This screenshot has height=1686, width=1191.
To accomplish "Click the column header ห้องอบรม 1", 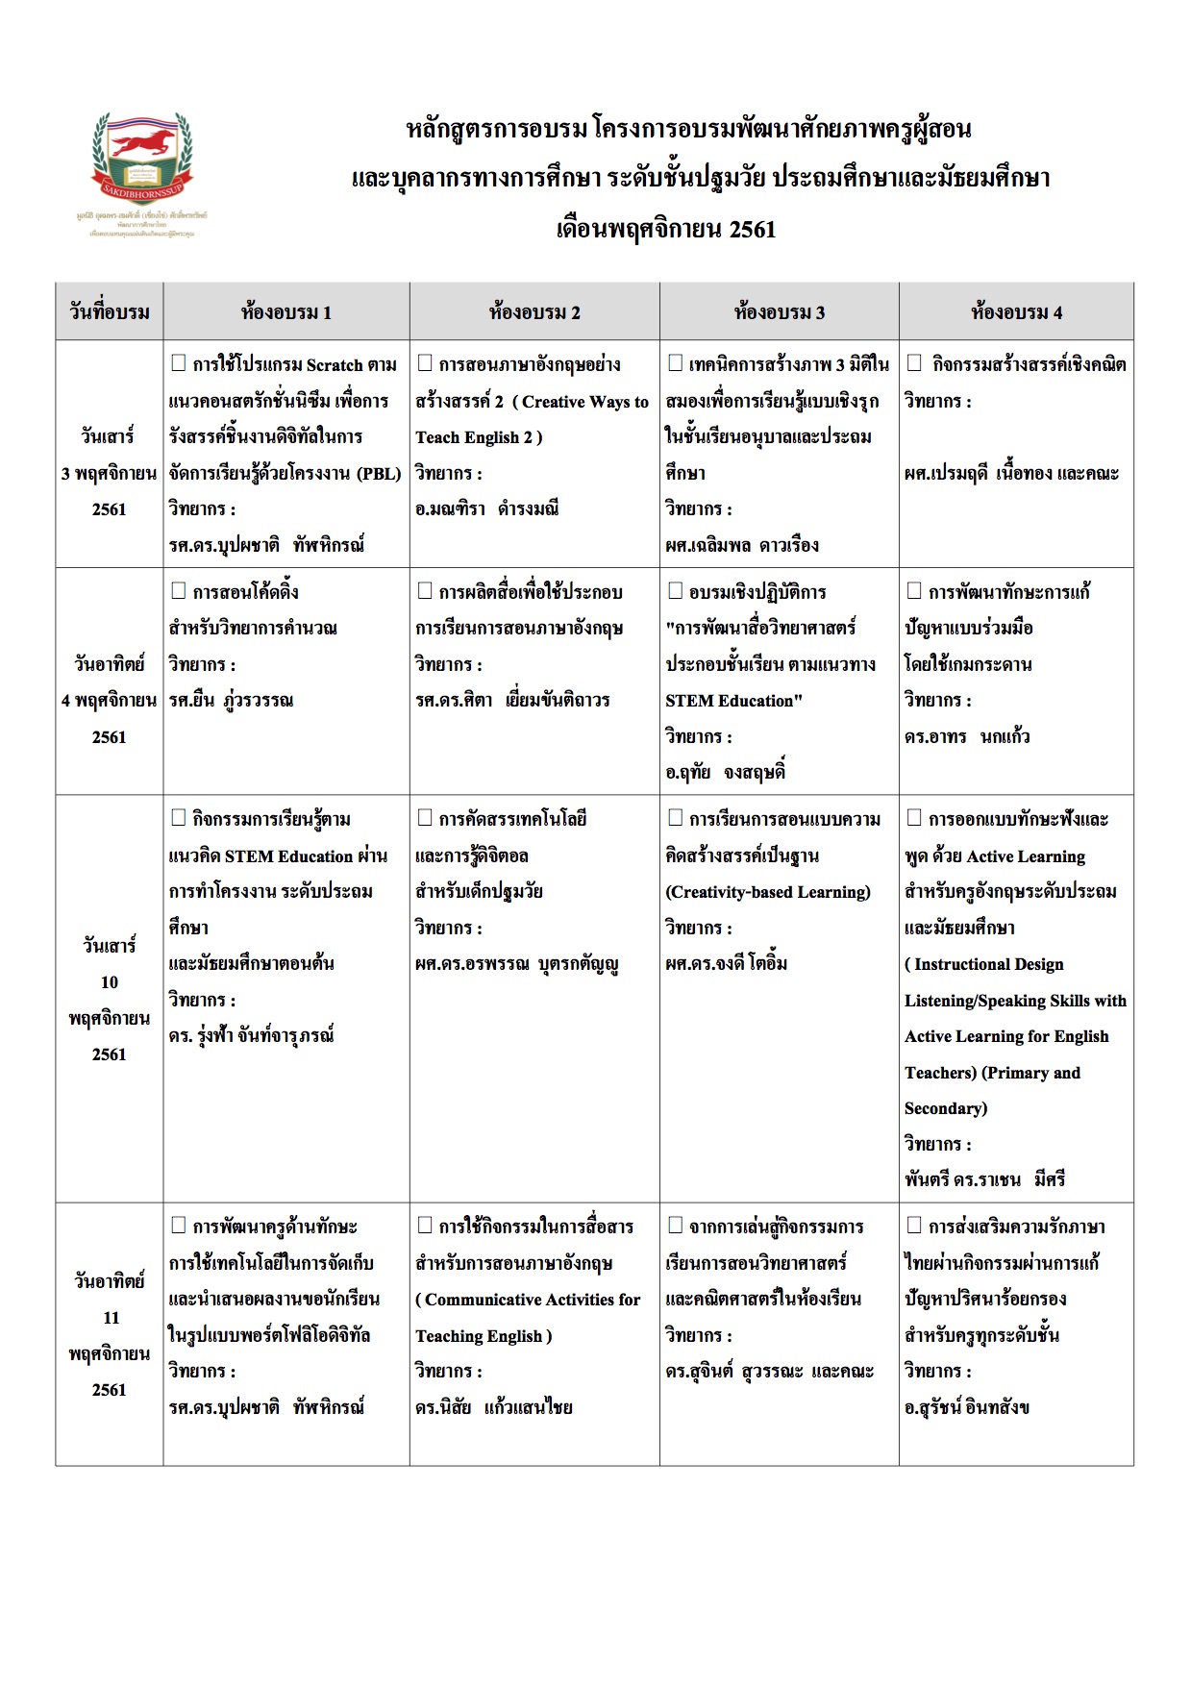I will point(286,312).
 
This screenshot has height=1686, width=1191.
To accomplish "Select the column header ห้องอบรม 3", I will point(779,312).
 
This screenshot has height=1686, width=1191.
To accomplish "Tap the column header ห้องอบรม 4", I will point(1016,312).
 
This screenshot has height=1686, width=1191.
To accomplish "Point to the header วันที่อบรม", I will point(110,312).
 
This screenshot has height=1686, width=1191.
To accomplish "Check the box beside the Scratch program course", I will point(178,363).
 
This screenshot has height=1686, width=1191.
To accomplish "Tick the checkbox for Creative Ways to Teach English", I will point(425,363).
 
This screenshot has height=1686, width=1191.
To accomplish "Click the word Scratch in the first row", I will point(335,365).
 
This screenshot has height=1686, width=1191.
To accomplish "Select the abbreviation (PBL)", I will point(379,473).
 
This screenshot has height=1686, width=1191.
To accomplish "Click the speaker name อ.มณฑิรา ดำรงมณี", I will point(486,508).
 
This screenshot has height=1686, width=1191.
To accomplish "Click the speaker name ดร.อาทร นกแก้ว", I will point(967,736).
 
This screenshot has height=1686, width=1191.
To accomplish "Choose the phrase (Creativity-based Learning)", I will point(768,892).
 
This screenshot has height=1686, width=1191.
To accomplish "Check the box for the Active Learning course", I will point(914,819).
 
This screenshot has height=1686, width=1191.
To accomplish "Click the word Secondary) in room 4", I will point(946,1108).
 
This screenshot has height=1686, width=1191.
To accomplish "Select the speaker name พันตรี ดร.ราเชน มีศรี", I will point(984,1179).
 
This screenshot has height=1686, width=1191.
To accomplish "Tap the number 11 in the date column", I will point(111,1318).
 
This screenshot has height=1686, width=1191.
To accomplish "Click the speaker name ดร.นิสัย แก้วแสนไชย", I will point(493,1407).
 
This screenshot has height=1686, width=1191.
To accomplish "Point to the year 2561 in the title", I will point(753,230).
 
